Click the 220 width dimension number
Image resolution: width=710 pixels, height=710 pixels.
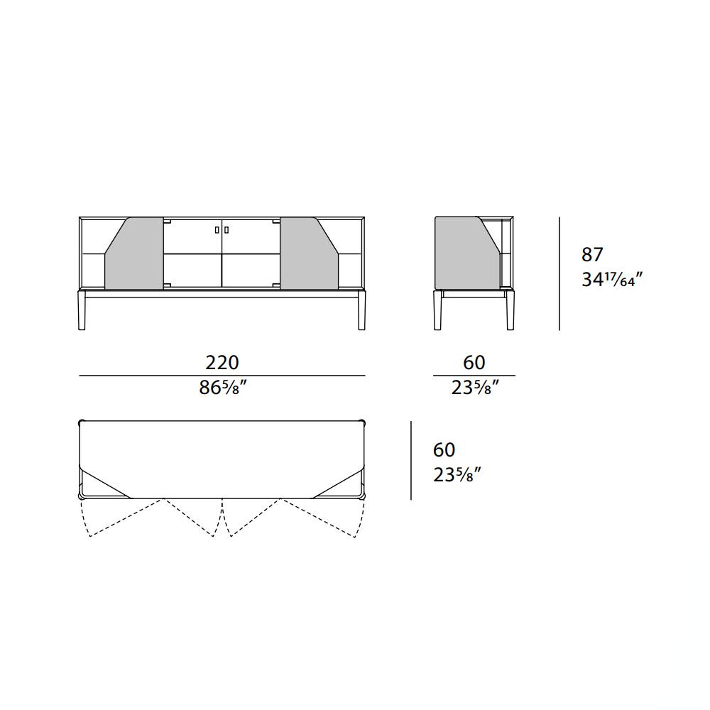click(x=222, y=362)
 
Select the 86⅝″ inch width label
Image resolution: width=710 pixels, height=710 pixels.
click(x=223, y=388)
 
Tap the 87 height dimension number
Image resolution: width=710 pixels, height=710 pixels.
click(x=592, y=255)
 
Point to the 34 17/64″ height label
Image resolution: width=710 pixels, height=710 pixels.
click(x=612, y=279)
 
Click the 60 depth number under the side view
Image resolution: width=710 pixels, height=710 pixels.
click(x=474, y=362)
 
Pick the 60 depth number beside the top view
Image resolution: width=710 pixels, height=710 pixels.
click(x=444, y=449)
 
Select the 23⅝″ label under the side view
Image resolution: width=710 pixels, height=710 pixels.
click(x=475, y=388)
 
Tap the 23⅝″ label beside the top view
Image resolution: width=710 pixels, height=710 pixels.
click(x=457, y=475)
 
